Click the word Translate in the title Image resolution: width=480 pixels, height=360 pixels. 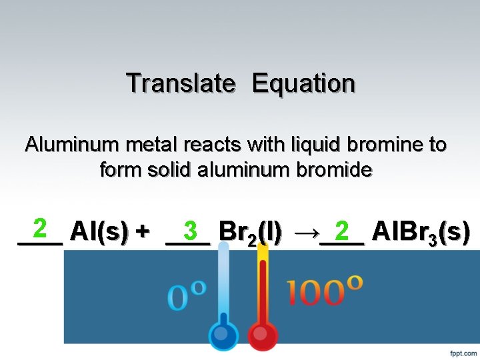coord(181,83)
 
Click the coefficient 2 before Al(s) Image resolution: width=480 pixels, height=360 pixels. coord(40,229)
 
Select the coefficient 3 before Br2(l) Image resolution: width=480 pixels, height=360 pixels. coord(190,231)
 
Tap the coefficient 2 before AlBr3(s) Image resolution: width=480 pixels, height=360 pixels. coord(342,231)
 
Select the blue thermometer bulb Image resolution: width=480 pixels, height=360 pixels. coord(224,335)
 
